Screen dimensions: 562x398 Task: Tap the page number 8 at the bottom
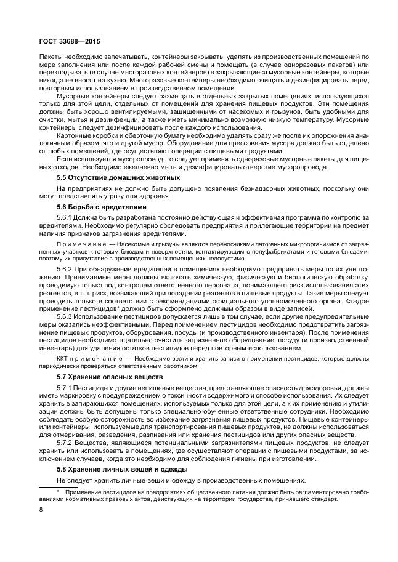tap(40, 509)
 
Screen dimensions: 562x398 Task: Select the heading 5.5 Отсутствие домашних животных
tap(110, 177)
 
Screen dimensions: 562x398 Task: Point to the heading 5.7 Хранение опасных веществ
tap(100, 376)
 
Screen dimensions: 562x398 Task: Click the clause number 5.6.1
tap(64, 218)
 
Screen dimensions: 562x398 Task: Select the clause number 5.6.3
tap(64, 316)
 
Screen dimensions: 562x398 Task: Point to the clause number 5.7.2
tap(64, 443)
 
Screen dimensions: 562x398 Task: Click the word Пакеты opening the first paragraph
tap(52, 55)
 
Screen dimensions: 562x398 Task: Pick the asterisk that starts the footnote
tap(57, 491)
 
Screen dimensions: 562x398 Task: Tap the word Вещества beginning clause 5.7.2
tap(91, 443)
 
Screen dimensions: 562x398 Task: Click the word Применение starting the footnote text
tap(84, 492)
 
